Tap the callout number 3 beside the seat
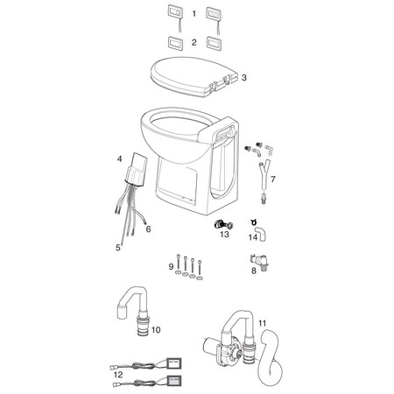tap(244, 77)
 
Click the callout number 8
tap(254, 271)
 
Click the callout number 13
tap(225, 235)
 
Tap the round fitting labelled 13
tap(220, 224)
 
